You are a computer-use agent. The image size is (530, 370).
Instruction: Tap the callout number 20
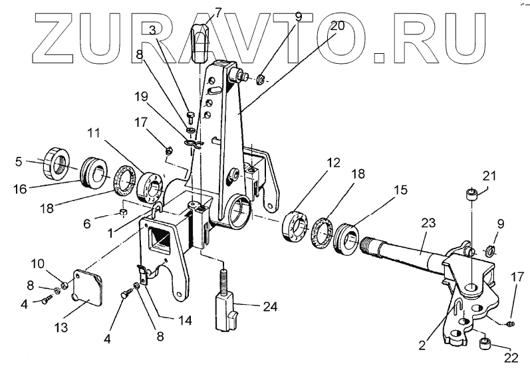pyautogui.click(x=336, y=27)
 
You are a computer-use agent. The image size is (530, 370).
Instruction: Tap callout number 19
pyautogui.click(x=140, y=96)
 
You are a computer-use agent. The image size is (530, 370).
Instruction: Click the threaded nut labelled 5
pyautogui.click(x=53, y=163)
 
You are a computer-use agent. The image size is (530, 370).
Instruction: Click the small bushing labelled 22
pyautogui.click(x=485, y=345)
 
